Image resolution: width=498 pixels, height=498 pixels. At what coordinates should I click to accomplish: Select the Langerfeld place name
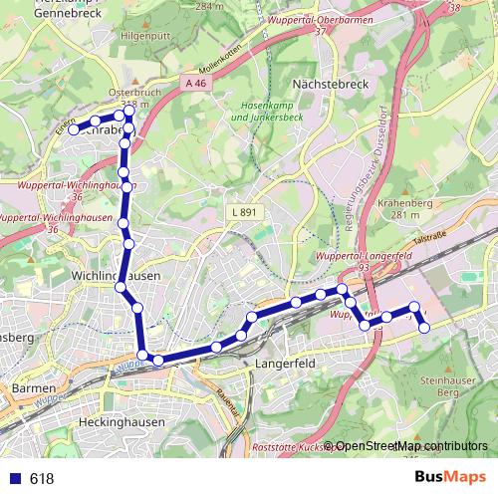[286, 365]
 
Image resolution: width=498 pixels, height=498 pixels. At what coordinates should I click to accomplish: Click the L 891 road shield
[241, 212]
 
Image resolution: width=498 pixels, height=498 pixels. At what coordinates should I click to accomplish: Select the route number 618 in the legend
[41, 479]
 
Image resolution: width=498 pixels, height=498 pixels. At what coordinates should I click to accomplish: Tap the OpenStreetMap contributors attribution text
[410, 446]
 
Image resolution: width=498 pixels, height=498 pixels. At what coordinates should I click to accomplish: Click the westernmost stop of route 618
[74, 129]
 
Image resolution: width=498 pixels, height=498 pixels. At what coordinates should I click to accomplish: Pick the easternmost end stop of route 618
[424, 326]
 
